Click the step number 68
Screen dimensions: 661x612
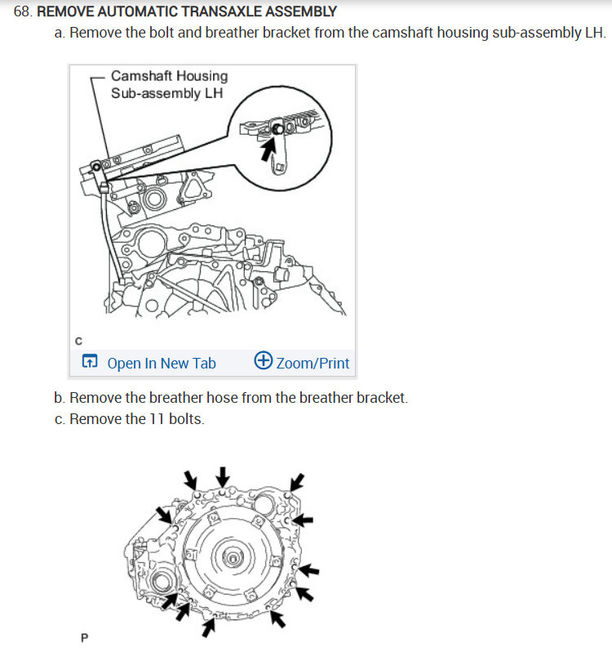(x=23, y=12)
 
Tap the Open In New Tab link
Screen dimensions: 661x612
(x=162, y=364)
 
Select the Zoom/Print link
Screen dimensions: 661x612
(x=313, y=364)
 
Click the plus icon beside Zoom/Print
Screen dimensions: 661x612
(x=263, y=362)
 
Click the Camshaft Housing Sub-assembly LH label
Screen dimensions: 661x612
(x=169, y=84)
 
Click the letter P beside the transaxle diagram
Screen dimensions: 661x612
(x=83, y=637)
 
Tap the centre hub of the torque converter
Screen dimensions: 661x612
(x=233, y=559)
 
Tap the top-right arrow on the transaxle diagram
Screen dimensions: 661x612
(x=299, y=480)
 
